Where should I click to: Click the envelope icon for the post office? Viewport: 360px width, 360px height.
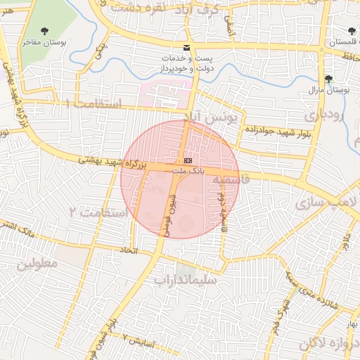[x=186, y=46]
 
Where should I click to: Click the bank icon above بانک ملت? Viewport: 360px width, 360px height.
[x=187, y=161]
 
